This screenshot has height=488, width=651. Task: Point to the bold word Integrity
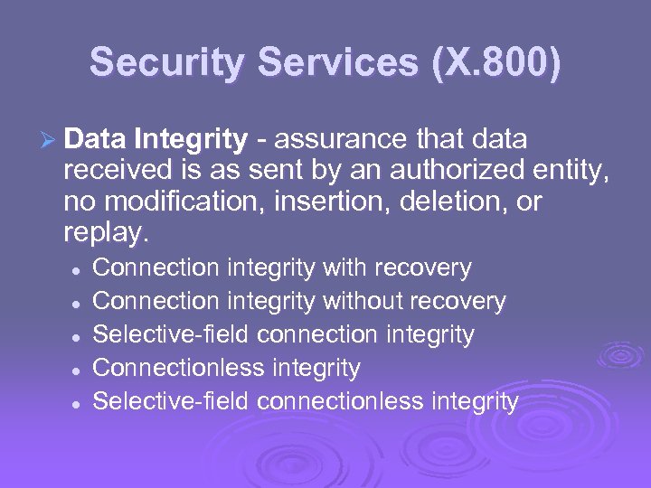pos(189,140)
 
